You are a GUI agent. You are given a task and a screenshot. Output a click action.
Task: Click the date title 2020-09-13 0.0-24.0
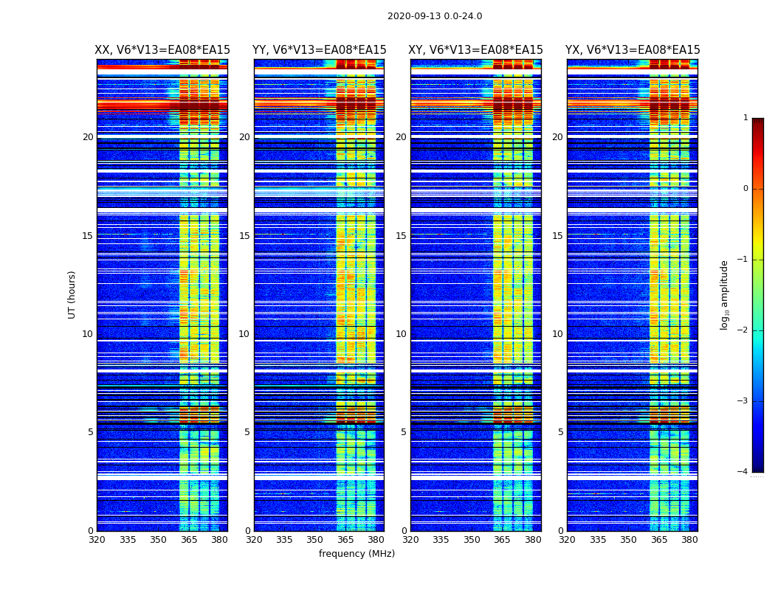pyautogui.click(x=435, y=16)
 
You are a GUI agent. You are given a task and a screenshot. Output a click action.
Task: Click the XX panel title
pyautogui.click(x=162, y=50)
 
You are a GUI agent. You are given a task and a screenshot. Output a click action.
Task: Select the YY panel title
pyautogui.click(x=319, y=50)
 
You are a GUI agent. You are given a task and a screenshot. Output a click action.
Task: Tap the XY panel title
pyautogui.click(x=475, y=50)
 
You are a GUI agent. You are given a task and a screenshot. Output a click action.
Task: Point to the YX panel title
pyautogui.click(x=633, y=50)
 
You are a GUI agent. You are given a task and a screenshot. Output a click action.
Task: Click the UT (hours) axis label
pyautogui.click(x=72, y=294)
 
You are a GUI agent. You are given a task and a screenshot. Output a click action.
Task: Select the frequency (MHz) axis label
pyautogui.click(x=356, y=554)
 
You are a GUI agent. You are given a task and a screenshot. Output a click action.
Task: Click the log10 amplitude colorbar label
pyautogui.click(x=725, y=294)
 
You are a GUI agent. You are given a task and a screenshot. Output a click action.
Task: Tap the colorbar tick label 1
pyautogui.click(x=745, y=118)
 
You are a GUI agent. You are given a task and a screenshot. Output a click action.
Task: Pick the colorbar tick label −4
pyautogui.click(x=743, y=472)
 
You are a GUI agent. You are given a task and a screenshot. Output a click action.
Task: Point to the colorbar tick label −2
pyautogui.click(x=743, y=330)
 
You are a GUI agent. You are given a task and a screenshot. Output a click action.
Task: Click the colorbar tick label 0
pyautogui.click(x=745, y=189)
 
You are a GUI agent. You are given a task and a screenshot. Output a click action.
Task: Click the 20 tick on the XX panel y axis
pyautogui.click(x=88, y=137)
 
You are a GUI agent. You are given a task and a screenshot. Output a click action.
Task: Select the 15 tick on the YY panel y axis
pyautogui.click(x=244, y=236)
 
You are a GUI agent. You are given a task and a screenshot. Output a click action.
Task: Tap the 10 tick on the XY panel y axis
pyautogui.click(x=401, y=334)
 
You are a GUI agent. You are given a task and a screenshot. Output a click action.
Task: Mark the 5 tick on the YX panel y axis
pyautogui.click(x=560, y=432)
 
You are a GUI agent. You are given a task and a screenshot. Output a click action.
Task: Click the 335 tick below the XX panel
pyautogui.click(x=128, y=540)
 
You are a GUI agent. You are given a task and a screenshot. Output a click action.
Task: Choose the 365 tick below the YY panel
pyautogui.click(x=345, y=540)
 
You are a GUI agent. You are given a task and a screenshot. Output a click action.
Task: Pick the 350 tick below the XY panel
pyautogui.click(x=472, y=540)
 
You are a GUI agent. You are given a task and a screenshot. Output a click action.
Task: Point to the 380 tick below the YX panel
pyautogui.click(x=689, y=540)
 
